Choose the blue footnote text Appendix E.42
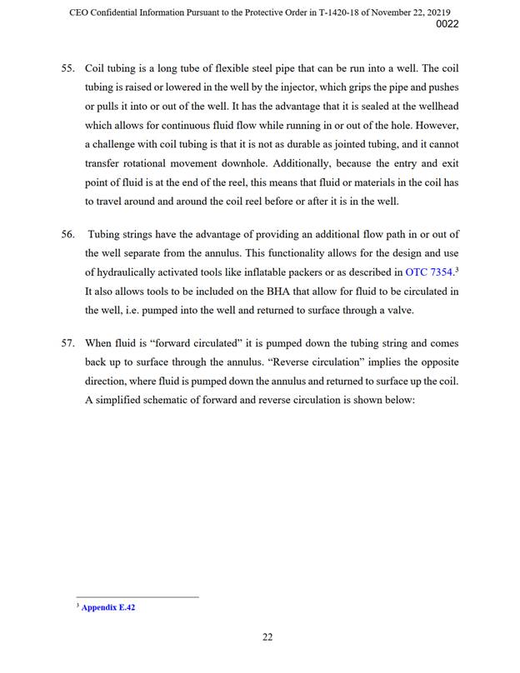point(108,608)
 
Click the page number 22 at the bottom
point(267,638)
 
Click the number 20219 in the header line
point(444,9)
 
